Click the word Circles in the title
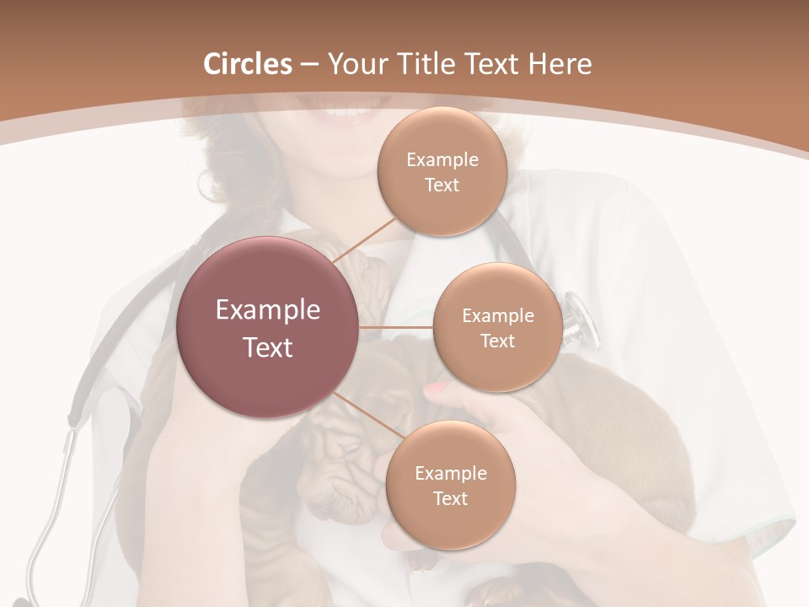[x=248, y=64]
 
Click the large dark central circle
[x=268, y=327]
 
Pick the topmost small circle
[x=441, y=172]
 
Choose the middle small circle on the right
[x=497, y=327]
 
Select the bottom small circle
[x=450, y=485]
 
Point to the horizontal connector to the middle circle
[x=396, y=327]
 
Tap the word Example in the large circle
[x=268, y=310]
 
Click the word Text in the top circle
[x=442, y=185]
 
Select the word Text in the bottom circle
[x=450, y=498]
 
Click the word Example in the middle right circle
[x=497, y=315]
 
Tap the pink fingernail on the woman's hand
[x=437, y=389]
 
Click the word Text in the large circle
[x=268, y=347]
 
